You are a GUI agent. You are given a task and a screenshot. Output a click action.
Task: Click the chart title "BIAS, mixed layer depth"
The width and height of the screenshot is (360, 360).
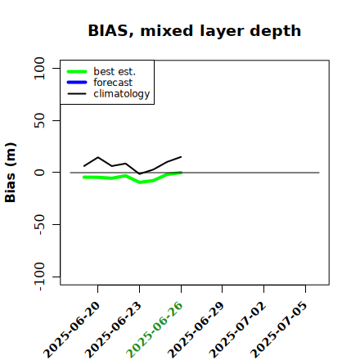(x=195, y=30)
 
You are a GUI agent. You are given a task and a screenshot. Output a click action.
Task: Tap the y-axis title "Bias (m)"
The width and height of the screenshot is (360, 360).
(x=11, y=173)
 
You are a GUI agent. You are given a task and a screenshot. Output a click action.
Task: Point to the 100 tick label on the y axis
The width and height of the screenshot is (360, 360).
(x=39, y=68)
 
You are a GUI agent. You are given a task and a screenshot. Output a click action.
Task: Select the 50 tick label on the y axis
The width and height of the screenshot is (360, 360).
(x=39, y=120)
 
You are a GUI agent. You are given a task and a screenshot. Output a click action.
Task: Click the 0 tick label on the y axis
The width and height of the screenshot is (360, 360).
(x=39, y=173)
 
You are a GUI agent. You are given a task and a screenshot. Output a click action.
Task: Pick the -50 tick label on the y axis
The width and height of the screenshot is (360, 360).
(x=39, y=224)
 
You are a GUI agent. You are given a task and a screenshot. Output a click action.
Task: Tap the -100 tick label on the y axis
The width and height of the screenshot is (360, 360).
(x=39, y=277)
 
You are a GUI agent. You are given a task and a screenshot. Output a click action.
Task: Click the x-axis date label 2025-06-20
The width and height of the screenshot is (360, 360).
(x=71, y=330)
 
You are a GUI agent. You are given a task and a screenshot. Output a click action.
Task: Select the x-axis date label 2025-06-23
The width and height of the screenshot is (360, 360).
(x=113, y=330)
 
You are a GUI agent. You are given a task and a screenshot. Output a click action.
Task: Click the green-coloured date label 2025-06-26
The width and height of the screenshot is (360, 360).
(x=154, y=330)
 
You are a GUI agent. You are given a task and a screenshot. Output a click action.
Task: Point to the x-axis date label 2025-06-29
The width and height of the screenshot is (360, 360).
(x=196, y=330)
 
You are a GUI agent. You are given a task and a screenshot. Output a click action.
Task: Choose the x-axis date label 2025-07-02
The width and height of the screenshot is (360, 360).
(x=237, y=330)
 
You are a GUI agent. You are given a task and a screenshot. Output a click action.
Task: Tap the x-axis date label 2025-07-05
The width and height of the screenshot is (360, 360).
(x=279, y=330)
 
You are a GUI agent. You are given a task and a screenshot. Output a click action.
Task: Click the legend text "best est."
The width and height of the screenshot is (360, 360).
(x=115, y=71)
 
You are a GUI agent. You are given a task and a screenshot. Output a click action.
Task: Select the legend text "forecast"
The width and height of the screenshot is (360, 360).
(x=113, y=83)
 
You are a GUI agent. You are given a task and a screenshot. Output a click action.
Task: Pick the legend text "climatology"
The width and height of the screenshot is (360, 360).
(x=122, y=94)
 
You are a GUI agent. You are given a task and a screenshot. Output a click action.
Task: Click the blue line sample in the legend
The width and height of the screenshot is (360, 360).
(x=77, y=83)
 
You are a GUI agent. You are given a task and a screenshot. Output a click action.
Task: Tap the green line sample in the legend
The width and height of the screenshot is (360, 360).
(x=77, y=71)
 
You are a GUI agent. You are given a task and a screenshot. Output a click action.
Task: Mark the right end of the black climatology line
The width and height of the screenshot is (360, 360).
(x=182, y=157)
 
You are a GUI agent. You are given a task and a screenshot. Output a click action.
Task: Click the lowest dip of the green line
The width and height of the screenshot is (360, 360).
(x=140, y=182)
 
